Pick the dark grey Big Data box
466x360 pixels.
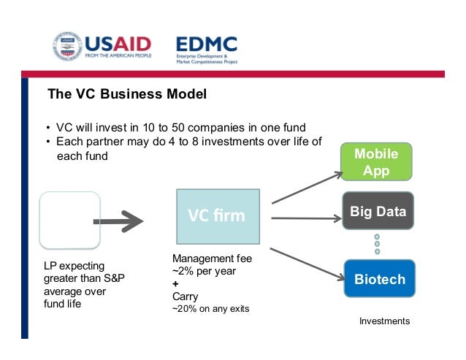377,212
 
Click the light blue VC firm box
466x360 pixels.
217,216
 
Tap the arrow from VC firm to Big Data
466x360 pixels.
307,218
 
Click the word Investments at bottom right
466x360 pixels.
385,321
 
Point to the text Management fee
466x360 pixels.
211,259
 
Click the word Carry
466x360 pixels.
185,296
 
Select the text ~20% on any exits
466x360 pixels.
210,309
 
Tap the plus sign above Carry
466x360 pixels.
175,284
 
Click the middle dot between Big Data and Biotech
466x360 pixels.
378,244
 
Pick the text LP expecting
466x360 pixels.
74,266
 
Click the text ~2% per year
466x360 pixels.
205,272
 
